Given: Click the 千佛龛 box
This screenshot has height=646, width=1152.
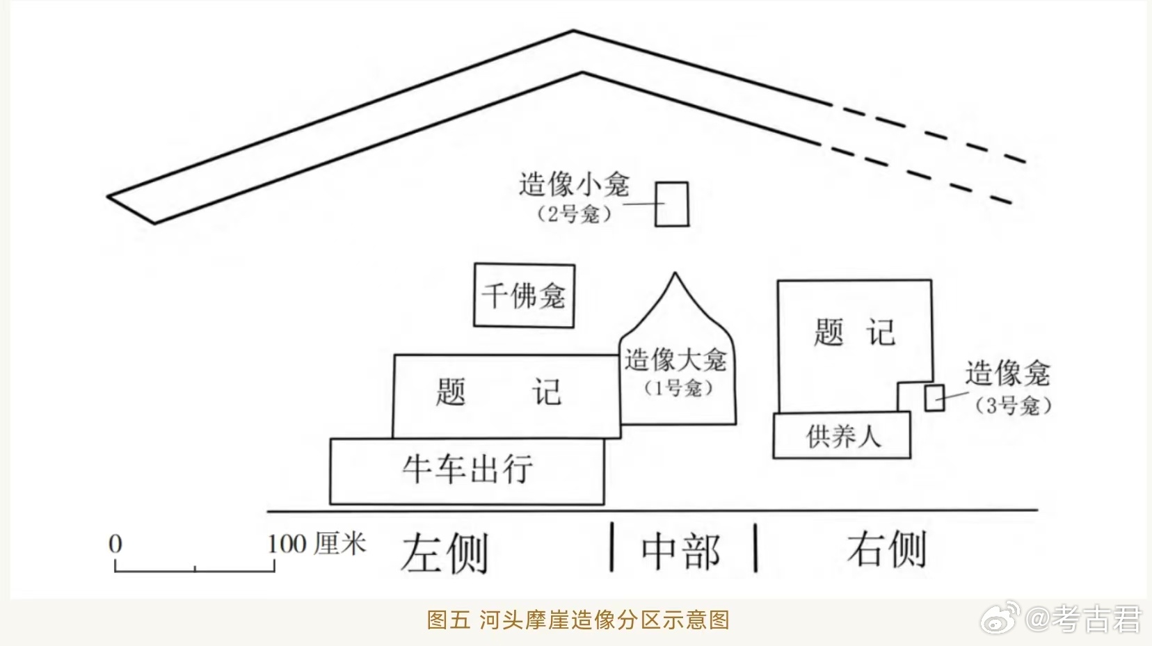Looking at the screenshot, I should (524, 296).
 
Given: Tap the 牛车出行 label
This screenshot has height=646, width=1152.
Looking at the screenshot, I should (467, 469).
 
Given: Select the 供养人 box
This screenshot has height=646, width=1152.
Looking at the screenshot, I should (842, 436).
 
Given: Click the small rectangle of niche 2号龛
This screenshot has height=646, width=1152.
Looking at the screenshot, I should (672, 204).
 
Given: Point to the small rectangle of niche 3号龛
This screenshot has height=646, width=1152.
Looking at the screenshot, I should (934, 398).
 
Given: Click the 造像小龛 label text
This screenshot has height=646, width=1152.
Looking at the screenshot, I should (573, 185).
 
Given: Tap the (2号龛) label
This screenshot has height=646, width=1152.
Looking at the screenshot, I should (575, 213).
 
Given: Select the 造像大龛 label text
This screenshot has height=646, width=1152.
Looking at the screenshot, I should (675, 360).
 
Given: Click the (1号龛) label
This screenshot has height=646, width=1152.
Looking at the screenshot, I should (678, 387).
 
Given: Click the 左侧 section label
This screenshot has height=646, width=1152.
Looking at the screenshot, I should (445, 554).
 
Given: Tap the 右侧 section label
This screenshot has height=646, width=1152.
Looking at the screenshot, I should (887, 549).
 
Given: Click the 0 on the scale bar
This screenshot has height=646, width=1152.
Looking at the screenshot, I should (115, 544).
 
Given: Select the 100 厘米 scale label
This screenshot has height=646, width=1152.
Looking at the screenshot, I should (317, 544).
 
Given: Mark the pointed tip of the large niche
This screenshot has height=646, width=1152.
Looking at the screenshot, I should (674, 274).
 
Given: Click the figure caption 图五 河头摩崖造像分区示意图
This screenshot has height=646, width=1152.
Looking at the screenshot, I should (578, 620).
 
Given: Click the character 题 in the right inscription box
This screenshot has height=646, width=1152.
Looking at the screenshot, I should (829, 332).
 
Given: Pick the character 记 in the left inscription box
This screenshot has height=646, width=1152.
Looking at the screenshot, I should (547, 392).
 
